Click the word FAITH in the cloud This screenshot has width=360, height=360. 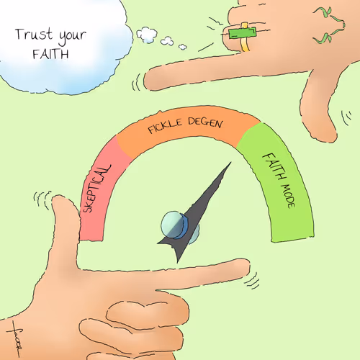(50, 54)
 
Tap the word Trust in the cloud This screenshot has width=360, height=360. (34, 35)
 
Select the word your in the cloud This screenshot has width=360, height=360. (73, 37)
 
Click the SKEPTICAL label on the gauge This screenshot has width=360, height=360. (97, 189)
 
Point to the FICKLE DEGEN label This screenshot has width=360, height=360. (186, 125)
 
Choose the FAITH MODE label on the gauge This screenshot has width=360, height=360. (279, 180)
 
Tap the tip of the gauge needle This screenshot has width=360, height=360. (231, 162)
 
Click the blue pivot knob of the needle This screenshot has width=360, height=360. (175, 225)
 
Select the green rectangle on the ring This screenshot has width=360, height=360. (243, 33)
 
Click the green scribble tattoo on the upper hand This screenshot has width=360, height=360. (330, 25)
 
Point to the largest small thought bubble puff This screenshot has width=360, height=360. (147, 35)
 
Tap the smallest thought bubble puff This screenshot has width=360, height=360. (183, 47)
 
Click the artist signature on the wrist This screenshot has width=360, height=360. (15, 339)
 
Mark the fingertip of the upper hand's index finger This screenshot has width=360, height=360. (145, 80)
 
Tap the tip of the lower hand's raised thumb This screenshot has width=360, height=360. (59, 197)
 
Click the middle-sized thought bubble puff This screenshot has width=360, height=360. (167, 41)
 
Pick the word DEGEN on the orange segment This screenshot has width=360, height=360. (206, 122)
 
